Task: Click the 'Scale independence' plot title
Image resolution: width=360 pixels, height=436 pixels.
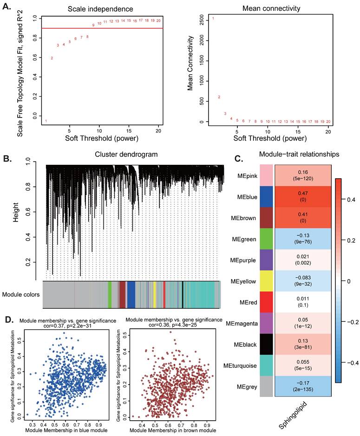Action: coord(100,9)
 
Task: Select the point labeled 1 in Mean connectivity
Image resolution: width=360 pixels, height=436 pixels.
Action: coord(213,19)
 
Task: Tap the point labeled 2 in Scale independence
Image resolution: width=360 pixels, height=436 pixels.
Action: coord(52,58)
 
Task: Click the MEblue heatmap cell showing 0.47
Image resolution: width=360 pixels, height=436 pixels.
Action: coord(303,196)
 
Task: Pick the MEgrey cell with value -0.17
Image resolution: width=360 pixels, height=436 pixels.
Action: coord(303,386)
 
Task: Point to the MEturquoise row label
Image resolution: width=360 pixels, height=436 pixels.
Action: coord(240,365)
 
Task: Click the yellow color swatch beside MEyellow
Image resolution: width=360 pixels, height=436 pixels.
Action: coord(266,281)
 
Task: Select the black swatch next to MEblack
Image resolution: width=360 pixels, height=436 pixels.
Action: coord(266,344)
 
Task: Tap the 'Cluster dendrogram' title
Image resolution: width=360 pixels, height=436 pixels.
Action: coord(126,154)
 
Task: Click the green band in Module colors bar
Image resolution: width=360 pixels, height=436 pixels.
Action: coord(110,294)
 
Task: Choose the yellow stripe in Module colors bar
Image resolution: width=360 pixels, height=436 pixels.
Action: coord(155,294)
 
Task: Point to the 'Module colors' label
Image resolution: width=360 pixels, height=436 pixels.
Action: coord(21,294)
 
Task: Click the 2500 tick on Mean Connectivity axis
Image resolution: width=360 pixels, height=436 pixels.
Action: coord(202,20)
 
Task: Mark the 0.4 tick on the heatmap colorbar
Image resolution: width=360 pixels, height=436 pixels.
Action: coord(351,200)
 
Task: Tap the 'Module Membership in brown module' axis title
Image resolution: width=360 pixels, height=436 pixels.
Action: coord(173,430)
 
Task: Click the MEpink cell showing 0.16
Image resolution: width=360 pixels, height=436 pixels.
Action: coord(303,176)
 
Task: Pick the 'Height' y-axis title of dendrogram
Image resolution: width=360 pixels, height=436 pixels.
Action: coord(16,212)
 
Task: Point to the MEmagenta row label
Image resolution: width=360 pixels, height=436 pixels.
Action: coord(242,324)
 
